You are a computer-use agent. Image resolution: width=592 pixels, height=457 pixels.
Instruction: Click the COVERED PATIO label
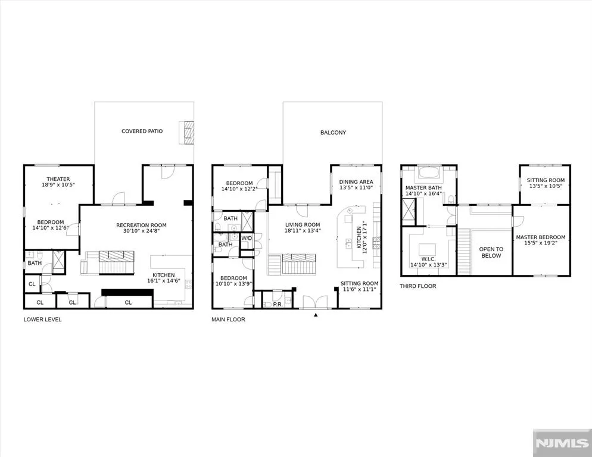[x=142, y=132]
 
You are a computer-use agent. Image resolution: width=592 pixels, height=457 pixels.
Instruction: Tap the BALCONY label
[x=333, y=133]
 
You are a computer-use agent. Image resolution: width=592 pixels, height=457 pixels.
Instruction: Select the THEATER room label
[x=58, y=179]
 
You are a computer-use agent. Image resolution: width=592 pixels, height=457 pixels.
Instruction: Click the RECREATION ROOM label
[x=141, y=226]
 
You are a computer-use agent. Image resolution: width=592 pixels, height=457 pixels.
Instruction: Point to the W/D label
[x=247, y=238]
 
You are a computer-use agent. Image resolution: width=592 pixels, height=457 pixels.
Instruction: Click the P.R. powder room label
[x=278, y=304]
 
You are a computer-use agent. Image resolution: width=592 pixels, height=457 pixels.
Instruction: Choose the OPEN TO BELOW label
[x=491, y=252]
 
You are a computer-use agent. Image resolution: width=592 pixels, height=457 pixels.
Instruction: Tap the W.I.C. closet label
[x=429, y=259]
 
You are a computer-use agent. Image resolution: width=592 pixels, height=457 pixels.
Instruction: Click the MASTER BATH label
[x=423, y=187]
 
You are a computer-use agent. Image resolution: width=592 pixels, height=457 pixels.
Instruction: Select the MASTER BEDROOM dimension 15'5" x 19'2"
[x=541, y=243]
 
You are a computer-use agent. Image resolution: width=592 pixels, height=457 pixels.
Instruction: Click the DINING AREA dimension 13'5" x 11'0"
[x=356, y=187]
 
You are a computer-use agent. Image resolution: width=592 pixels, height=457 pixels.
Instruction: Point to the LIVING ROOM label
[x=303, y=225]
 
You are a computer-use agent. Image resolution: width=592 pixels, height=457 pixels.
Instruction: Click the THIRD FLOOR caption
[x=418, y=286]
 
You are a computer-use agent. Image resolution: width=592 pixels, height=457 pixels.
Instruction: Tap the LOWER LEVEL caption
[x=42, y=320]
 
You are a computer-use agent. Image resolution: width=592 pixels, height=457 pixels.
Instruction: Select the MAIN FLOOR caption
[x=228, y=320]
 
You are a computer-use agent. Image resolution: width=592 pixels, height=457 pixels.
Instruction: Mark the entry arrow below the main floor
[x=316, y=315]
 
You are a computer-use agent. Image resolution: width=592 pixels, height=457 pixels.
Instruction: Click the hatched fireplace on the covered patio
[x=186, y=133]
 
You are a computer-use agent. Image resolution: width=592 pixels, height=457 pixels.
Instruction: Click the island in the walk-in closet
[x=428, y=249]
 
